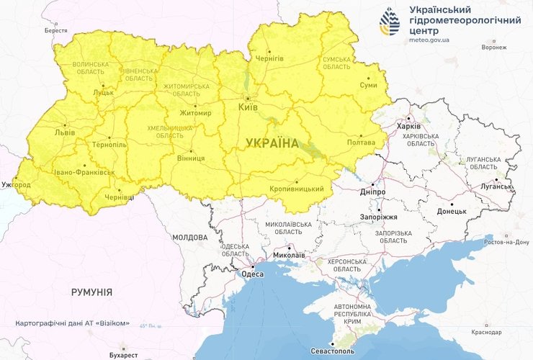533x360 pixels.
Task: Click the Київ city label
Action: pos(246,107)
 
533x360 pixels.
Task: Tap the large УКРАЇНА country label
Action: pos(272,143)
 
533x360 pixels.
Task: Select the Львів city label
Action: pos(64,133)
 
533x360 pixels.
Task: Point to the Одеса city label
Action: pos(252,273)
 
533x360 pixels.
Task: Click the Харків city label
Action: pos(408,126)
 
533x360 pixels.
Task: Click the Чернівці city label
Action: pos(119,197)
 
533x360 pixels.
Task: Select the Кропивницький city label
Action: pos(296,189)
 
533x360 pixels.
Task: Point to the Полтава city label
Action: pos(361,143)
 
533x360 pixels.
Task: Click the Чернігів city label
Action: pos(270,58)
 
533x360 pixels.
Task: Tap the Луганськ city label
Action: pos(496,186)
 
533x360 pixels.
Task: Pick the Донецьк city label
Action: pos(452,212)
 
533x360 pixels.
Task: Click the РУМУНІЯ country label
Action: pos(91,292)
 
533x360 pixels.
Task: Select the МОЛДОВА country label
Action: pos(189,237)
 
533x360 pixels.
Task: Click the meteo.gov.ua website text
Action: pos(429,40)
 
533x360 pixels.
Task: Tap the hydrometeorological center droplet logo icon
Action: pos(390,22)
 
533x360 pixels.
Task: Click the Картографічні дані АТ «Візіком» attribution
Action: pos(72,323)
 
